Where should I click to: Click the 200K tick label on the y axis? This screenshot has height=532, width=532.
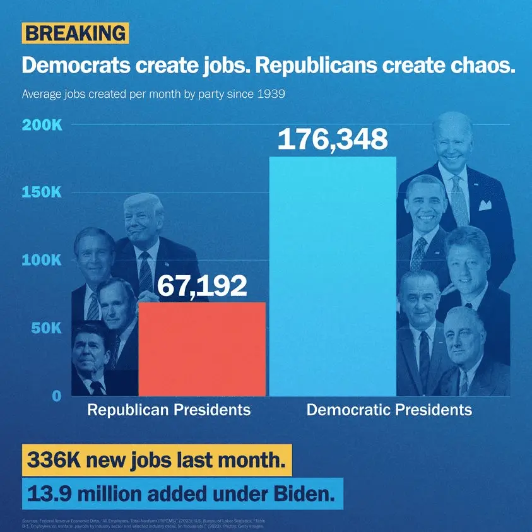pyautogui.click(x=42, y=124)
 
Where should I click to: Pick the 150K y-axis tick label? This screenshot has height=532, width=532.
pyautogui.click(x=42, y=192)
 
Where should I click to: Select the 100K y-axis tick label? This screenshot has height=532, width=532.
pyautogui.click(x=42, y=260)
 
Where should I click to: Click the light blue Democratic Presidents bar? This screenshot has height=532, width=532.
pyautogui.click(x=333, y=278)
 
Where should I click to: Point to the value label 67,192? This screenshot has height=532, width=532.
pyautogui.click(x=201, y=286)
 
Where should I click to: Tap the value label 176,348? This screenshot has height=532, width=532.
pyautogui.click(x=333, y=139)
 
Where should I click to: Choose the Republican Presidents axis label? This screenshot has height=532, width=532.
pyautogui.click(x=168, y=410)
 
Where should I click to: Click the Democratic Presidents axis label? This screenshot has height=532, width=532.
pyautogui.click(x=389, y=410)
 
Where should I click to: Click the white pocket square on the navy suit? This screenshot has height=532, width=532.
pyautogui.click(x=485, y=204)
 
